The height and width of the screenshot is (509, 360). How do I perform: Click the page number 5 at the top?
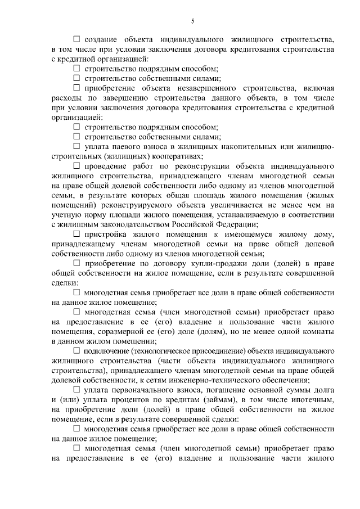(192, 21)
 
